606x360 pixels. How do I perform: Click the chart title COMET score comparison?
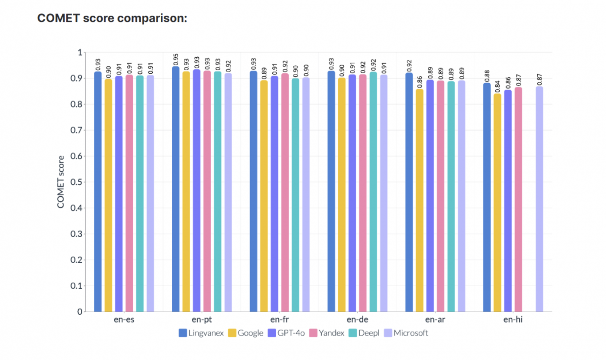[112, 18]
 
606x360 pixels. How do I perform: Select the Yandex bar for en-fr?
[285, 192]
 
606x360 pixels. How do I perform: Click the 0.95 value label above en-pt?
[176, 59]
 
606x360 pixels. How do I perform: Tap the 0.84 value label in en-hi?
[497, 87]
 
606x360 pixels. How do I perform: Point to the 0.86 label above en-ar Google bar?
[420, 82]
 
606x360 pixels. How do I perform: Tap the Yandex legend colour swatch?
[313, 333]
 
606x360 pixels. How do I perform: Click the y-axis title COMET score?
[61, 182]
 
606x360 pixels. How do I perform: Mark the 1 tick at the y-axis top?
[80, 52]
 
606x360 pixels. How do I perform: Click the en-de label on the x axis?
[357, 320]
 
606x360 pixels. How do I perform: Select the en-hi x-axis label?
[513, 320]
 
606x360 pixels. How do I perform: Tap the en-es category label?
[124, 320]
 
